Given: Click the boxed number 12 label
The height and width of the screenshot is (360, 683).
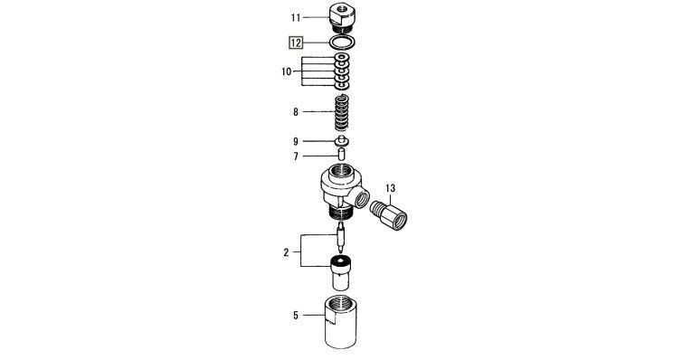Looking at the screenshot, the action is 296,43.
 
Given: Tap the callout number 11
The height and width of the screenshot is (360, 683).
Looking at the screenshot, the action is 296,18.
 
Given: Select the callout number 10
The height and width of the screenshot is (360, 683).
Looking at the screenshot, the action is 286,71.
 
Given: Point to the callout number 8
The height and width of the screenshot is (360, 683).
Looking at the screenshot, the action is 296,112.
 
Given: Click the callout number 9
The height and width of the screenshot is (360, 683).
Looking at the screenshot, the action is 296,141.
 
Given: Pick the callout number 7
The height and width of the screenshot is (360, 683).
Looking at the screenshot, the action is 296,156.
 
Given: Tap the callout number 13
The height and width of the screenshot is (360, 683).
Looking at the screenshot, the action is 390,188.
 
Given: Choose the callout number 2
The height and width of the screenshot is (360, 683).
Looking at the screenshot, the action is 286,252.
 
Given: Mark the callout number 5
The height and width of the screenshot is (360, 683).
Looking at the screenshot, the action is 296,315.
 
